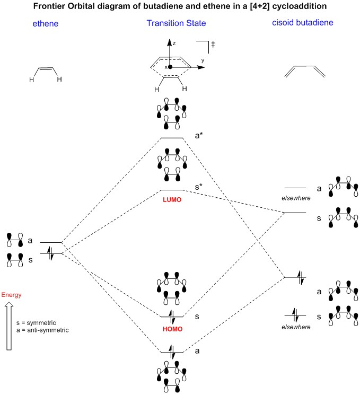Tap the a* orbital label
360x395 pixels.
coord(199,136)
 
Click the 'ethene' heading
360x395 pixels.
coord(45,24)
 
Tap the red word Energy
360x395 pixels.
coord(11,295)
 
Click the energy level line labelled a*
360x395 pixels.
coord(172,138)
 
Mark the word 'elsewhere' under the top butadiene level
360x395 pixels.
coord(296,198)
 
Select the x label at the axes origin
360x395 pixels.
coord(165,67)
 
